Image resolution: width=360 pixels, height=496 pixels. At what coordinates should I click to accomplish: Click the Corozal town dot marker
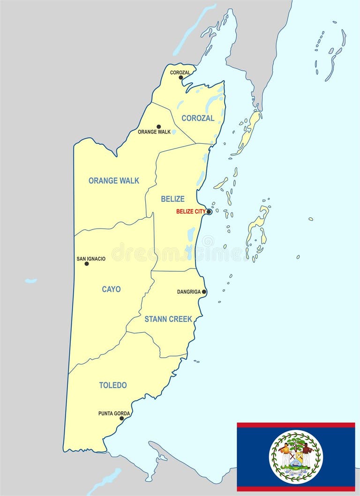(x=181, y=78)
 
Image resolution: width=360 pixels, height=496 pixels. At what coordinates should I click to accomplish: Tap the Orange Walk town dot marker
(x=158, y=126)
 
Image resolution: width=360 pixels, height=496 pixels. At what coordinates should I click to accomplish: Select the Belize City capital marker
(x=209, y=212)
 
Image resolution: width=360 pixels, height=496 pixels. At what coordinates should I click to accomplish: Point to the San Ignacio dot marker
(x=86, y=264)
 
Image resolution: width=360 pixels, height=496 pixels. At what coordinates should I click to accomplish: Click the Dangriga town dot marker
(x=204, y=292)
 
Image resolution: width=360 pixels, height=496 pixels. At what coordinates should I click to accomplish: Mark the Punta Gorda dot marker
(x=121, y=418)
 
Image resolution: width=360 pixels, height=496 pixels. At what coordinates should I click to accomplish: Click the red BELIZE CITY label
(x=190, y=212)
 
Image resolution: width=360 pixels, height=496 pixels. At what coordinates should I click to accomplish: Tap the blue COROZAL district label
(x=198, y=118)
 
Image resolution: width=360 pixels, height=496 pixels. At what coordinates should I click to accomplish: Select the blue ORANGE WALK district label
(x=114, y=180)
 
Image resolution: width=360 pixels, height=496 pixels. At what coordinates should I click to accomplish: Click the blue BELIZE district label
(x=172, y=199)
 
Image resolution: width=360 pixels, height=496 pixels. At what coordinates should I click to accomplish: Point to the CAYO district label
(x=111, y=289)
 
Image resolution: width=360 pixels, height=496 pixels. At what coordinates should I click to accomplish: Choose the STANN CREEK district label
(x=168, y=319)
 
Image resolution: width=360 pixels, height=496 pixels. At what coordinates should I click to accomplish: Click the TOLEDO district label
(x=112, y=385)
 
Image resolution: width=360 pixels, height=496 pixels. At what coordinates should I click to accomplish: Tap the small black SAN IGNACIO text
(x=91, y=259)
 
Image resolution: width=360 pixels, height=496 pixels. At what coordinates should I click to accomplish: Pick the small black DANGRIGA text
(x=189, y=292)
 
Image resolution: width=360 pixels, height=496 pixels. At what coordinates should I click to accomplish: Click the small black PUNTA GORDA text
(x=114, y=414)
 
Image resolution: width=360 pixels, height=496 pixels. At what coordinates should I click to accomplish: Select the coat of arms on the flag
(x=296, y=457)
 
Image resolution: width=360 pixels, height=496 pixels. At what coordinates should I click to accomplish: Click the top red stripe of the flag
(x=296, y=425)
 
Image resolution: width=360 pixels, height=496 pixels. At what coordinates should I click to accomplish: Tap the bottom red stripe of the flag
(x=296, y=489)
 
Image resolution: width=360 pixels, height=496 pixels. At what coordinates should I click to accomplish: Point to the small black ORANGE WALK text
(x=154, y=132)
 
